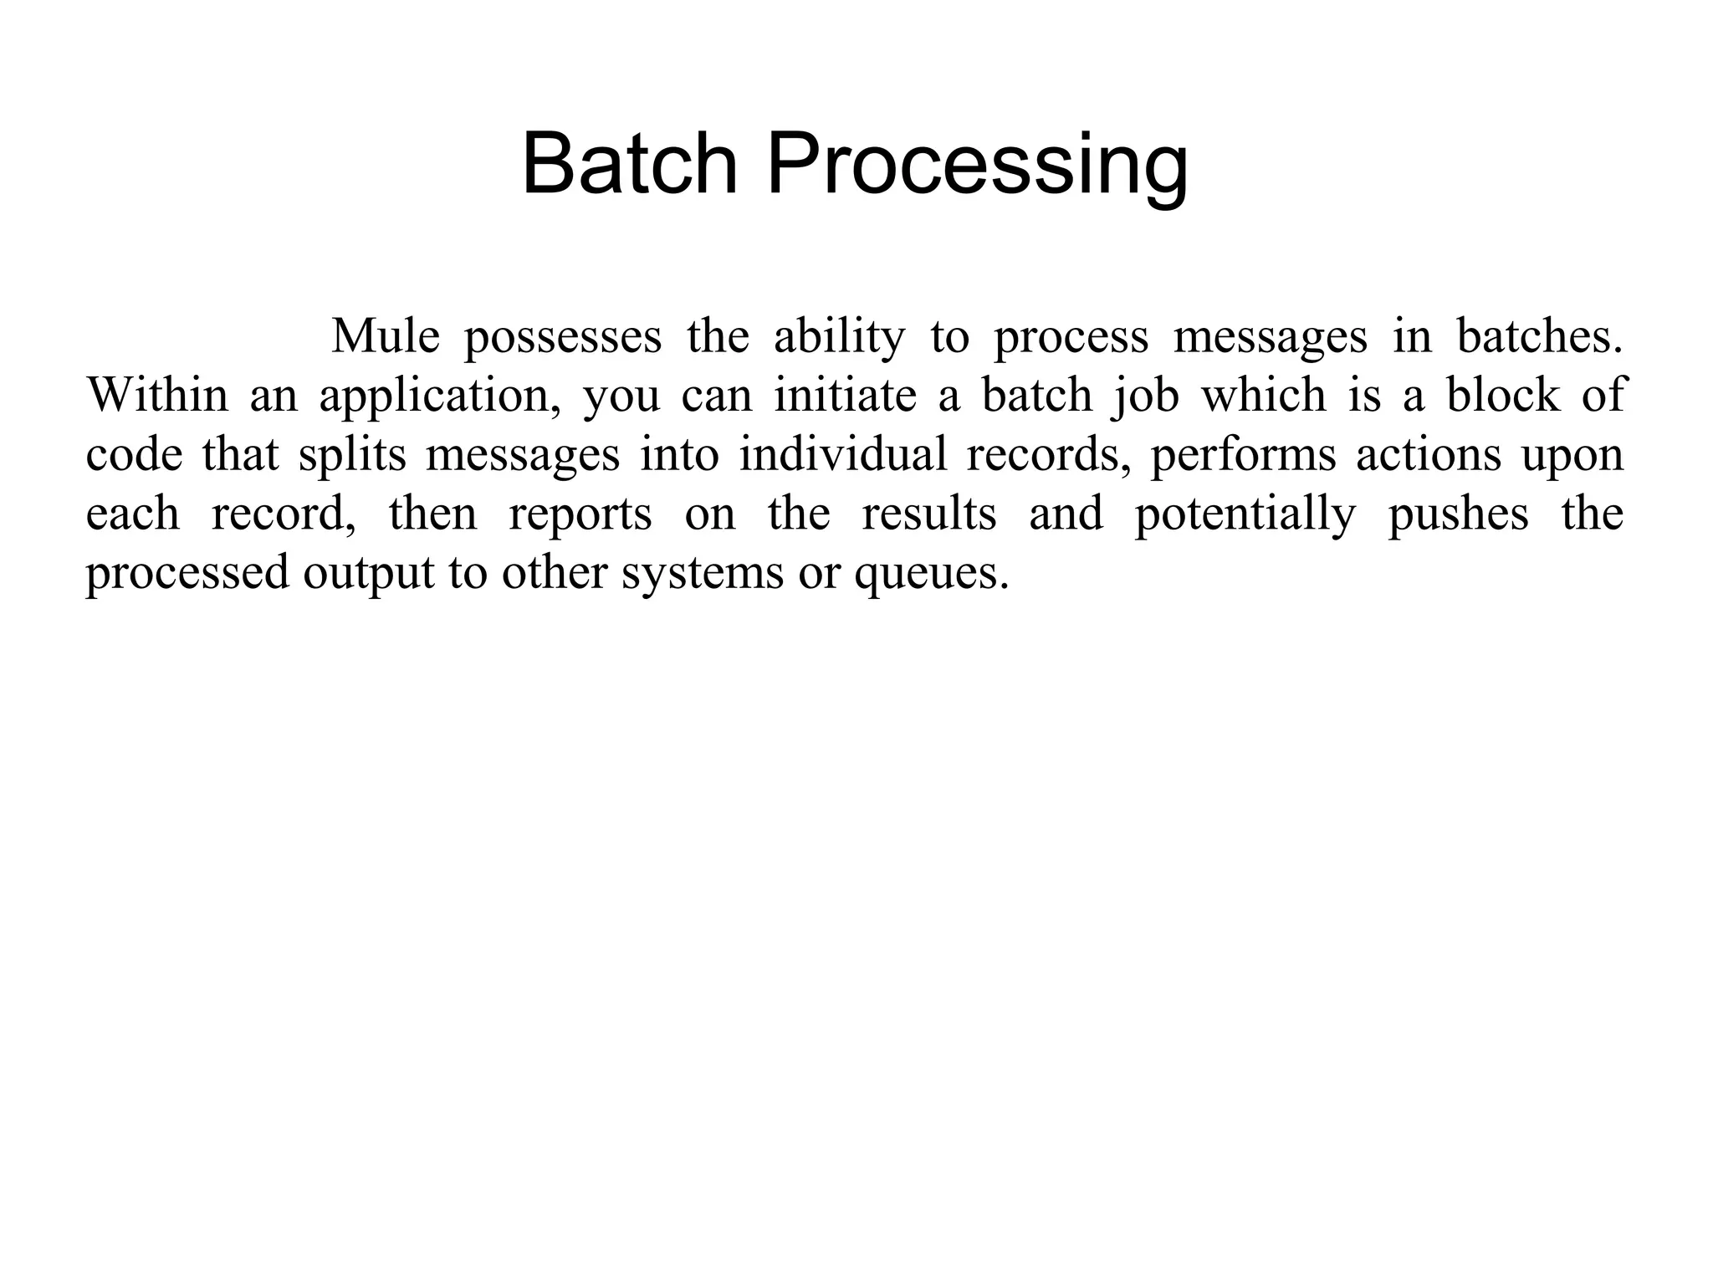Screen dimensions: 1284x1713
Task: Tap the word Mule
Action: point(386,337)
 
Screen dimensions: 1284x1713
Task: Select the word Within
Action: point(157,396)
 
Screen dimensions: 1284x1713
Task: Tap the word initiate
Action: point(845,396)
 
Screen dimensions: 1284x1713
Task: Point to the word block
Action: point(1503,396)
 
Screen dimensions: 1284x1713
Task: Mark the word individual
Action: point(843,455)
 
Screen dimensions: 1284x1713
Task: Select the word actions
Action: point(1429,456)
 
